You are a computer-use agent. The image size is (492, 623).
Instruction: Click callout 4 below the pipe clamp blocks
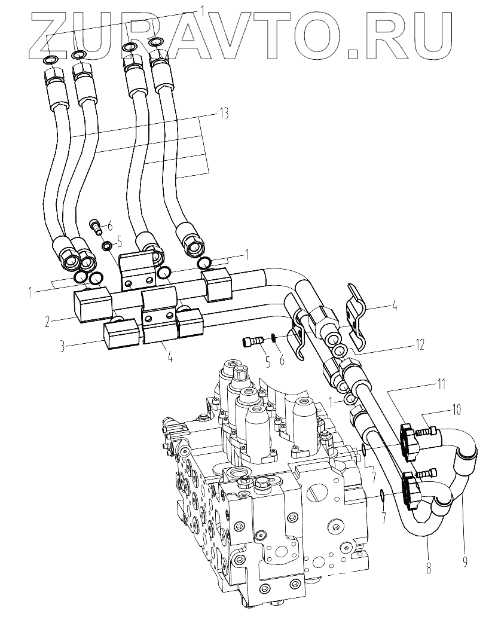[x=170, y=359]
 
